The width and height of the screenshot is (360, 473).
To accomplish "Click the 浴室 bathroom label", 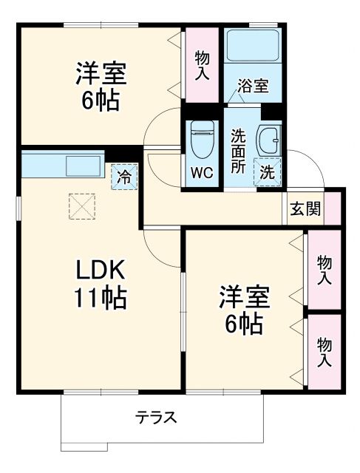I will tap(252, 86).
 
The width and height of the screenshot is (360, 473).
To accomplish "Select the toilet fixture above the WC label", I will tap(200, 140).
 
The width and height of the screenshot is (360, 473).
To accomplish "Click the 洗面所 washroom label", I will tap(238, 150).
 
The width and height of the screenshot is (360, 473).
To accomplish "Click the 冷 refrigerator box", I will tap(125, 177).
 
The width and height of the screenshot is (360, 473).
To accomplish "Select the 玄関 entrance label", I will tap(305, 209).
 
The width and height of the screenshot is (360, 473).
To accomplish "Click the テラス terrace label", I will tap(155, 418).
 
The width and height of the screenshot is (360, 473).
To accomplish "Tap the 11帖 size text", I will tap(100, 299).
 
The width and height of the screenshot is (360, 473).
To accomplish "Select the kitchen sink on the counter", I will tap(84, 165).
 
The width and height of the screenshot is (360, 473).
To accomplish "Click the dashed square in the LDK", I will tap(82, 207).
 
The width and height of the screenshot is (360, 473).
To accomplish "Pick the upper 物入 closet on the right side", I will tap(324, 269).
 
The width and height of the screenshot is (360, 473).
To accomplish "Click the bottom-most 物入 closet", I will tap(324, 352).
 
